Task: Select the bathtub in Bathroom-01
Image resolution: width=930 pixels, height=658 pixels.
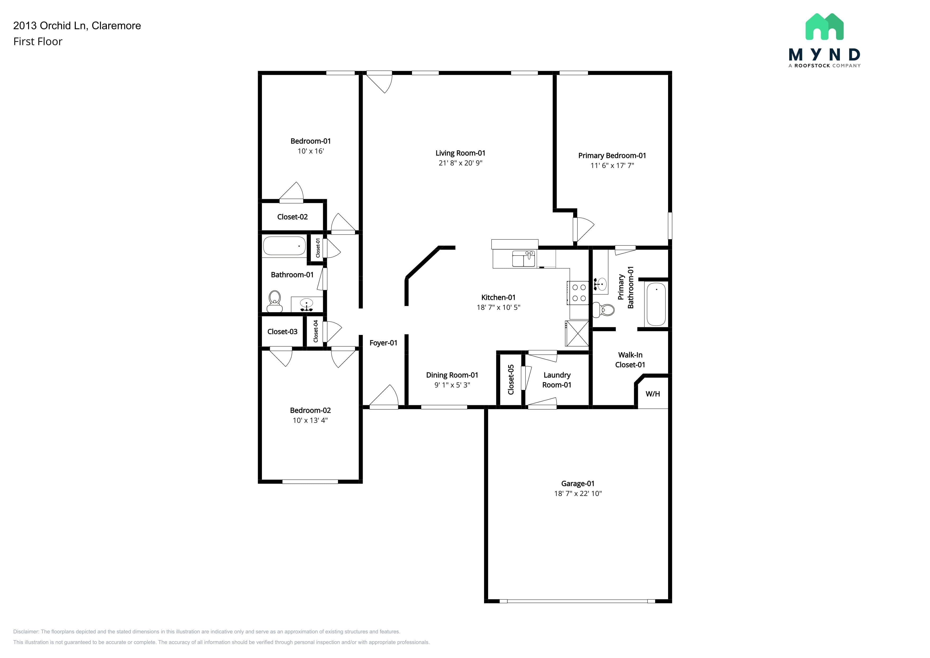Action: pyautogui.click(x=284, y=246)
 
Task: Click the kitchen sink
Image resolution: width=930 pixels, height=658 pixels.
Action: pyautogui.click(x=524, y=259)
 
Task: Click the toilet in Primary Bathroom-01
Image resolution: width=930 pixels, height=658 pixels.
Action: pyautogui.click(x=604, y=310)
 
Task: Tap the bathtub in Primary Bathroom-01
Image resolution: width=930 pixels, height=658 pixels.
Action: pyautogui.click(x=656, y=304)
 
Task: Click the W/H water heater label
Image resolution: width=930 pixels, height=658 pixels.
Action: pyautogui.click(x=652, y=394)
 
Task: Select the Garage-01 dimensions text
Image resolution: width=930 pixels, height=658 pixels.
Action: pyautogui.click(x=578, y=494)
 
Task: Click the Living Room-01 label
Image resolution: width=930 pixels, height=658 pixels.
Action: pyautogui.click(x=460, y=153)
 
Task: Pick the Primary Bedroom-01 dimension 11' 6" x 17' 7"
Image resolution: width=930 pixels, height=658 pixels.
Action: pyautogui.click(x=612, y=165)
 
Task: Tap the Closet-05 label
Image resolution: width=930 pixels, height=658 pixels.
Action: pyautogui.click(x=511, y=380)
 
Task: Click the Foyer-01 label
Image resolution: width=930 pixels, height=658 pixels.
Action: pyautogui.click(x=383, y=343)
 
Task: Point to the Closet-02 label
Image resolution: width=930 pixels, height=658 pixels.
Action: pyautogui.click(x=292, y=217)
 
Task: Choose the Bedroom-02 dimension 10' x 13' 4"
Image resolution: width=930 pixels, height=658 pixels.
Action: pyautogui.click(x=310, y=420)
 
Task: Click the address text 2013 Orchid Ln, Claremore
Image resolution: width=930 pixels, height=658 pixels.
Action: pyautogui.click(x=77, y=25)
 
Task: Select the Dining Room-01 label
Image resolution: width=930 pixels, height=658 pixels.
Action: pyautogui.click(x=452, y=375)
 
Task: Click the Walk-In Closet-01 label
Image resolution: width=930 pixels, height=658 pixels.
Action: pyautogui.click(x=630, y=360)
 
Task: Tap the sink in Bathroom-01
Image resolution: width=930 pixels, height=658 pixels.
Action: pyautogui.click(x=307, y=304)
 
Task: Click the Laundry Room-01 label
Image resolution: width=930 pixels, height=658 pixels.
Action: pyautogui.click(x=557, y=380)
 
